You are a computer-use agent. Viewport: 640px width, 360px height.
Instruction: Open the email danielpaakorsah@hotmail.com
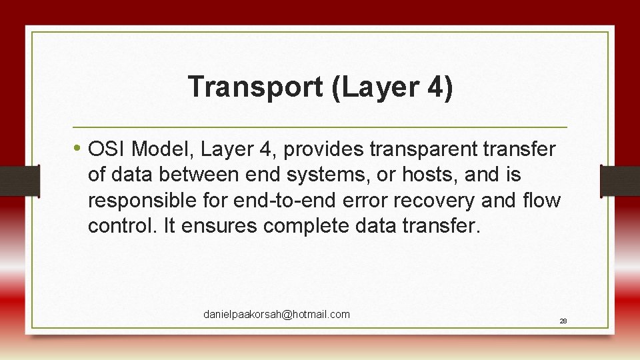(277, 314)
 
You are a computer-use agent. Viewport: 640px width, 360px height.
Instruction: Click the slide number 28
(563, 321)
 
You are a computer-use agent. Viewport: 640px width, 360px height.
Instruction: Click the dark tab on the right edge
(619, 181)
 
